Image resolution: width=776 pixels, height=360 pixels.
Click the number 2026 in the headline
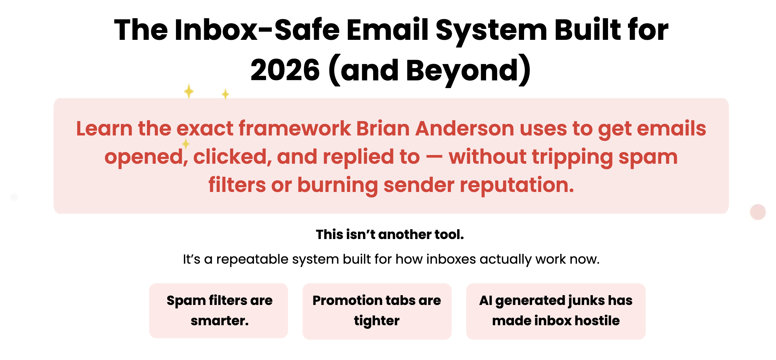[285, 70]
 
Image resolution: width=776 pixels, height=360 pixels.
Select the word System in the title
[491, 30]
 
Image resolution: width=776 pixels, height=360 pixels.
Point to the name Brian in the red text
[383, 128]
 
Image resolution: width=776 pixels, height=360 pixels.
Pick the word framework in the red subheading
[295, 128]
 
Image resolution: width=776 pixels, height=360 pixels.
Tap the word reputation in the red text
[517, 185]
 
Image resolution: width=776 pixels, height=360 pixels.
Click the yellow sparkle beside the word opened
[186, 144]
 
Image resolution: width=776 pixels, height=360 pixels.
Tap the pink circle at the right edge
[758, 212]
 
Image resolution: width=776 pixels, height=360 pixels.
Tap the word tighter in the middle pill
[377, 321]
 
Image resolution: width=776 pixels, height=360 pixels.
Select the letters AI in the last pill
[485, 300]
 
